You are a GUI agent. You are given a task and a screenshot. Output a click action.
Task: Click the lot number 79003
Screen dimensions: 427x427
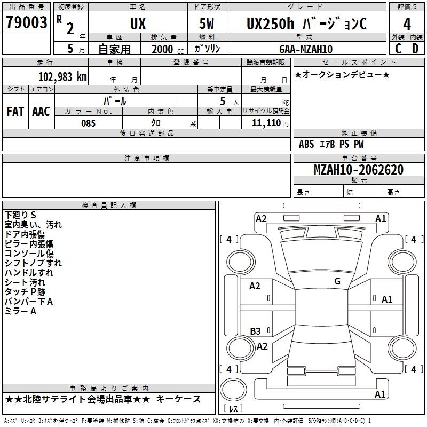pyautogui.click(x=26, y=22)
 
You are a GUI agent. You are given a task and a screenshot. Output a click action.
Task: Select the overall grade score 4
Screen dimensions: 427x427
pyautogui.click(x=407, y=25)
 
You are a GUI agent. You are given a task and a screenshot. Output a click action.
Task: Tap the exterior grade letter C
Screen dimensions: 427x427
pyautogui.click(x=398, y=49)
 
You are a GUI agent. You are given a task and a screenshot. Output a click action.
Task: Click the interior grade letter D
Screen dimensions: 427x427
pyautogui.click(x=415, y=49)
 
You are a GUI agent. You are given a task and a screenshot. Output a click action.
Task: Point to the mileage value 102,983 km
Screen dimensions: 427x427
pyautogui.click(x=62, y=77)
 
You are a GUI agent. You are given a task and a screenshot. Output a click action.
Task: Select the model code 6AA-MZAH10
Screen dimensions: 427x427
pyautogui.click(x=306, y=49)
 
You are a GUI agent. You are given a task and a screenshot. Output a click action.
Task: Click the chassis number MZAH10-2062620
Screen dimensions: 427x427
pyautogui.click(x=358, y=170)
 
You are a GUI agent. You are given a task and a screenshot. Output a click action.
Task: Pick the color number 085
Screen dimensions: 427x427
pyautogui.click(x=88, y=123)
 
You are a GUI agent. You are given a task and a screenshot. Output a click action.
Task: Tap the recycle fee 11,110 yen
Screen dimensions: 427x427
pyautogui.click(x=270, y=123)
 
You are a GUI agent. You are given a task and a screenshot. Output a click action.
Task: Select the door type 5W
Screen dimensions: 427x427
pyautogui.click(x=207, y=23)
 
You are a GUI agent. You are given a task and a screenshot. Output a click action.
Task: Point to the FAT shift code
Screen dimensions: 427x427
pyautogui.click(x=15, y=112)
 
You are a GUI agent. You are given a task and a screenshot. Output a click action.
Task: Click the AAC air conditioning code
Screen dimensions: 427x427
pyautogui.click(x=41, y=112)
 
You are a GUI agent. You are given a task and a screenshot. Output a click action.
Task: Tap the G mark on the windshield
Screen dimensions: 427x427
pyautogui.click(x=337, y=281)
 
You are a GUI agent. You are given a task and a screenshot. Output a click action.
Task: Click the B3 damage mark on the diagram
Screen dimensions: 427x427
pyautogui.click(x=255, y=331)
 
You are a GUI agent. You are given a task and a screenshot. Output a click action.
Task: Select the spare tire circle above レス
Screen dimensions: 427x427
pyautogui.click(x=233, y=389)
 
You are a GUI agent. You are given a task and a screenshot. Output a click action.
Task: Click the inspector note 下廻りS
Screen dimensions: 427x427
pyautogui.click(x=20, y=215)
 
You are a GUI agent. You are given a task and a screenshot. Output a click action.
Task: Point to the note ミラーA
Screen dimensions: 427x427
pyautogui.click(x=20, y=311)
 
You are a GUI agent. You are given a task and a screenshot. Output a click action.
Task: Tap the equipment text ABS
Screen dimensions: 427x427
pyautogui.click(x=306, y=144)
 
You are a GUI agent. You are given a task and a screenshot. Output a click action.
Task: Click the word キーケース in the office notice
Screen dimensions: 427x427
pyautogui.click(x=178, y=399)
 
